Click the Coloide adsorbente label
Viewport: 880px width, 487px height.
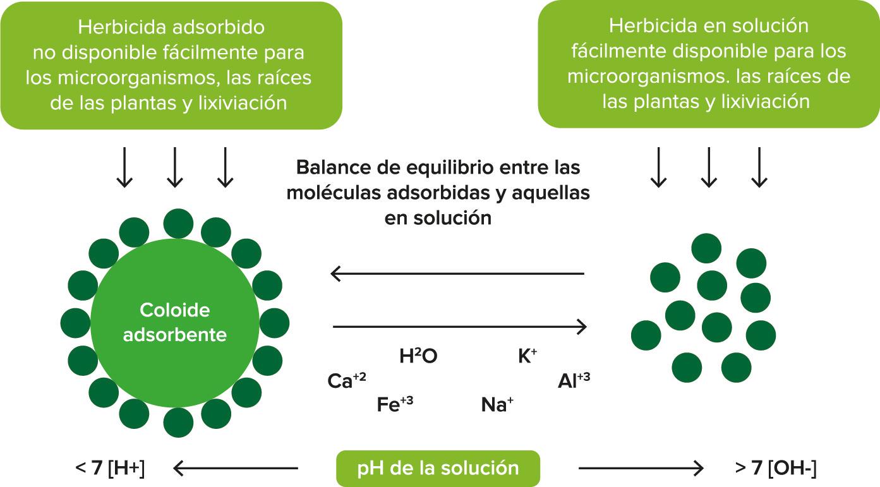174,322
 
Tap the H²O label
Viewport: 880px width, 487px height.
418,357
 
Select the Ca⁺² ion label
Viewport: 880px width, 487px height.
346,381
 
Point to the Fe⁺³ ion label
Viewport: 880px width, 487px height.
395,404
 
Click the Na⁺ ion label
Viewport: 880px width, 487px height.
497,404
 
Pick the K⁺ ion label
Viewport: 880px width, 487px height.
527,357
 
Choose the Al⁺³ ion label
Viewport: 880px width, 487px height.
574,381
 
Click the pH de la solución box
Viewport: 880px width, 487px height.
438,468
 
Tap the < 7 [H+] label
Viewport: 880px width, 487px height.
110,469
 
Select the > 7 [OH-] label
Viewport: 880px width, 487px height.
776,469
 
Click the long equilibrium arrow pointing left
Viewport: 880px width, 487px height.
457,274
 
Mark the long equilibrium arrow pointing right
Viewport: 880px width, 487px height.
460,327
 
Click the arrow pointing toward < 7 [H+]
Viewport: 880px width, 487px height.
235,468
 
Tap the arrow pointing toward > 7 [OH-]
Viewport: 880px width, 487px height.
641,468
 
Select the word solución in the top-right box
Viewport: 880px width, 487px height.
771,25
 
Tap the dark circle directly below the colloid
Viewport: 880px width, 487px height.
178,423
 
